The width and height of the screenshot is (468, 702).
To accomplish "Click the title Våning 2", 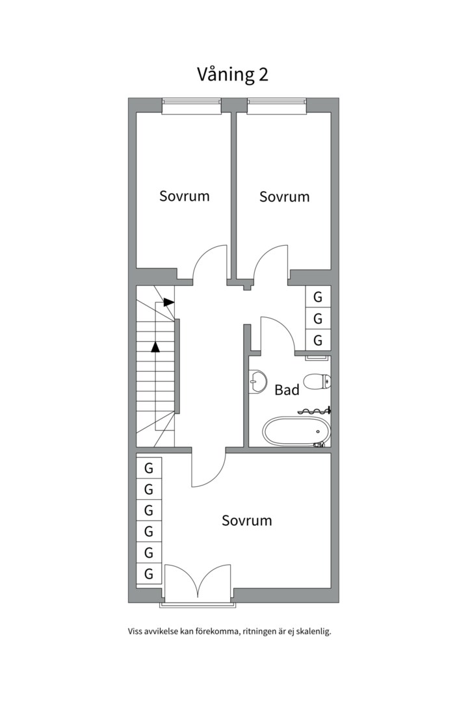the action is [233, 74].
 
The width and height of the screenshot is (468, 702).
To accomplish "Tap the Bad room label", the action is [287, 390].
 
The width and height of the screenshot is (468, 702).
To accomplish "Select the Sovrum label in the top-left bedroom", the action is [185, 196].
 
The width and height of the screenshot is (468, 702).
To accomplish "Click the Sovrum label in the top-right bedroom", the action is [285, 196].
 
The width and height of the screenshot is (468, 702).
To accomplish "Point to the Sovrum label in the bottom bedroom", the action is [247, 520].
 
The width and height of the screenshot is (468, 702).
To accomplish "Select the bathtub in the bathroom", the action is [296, 432].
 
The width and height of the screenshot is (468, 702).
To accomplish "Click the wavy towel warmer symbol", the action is [315, 411].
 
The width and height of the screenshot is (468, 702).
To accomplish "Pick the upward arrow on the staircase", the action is [155, 346].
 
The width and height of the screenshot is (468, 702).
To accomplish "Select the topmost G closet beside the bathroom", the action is [318, 297].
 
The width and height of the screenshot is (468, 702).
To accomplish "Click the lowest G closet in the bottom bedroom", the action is [149, 573].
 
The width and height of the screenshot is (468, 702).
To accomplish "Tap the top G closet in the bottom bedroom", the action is [149, 468].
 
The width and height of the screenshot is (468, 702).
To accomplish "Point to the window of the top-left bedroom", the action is [192, 107].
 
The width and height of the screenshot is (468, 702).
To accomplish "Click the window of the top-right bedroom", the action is [277, 107].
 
